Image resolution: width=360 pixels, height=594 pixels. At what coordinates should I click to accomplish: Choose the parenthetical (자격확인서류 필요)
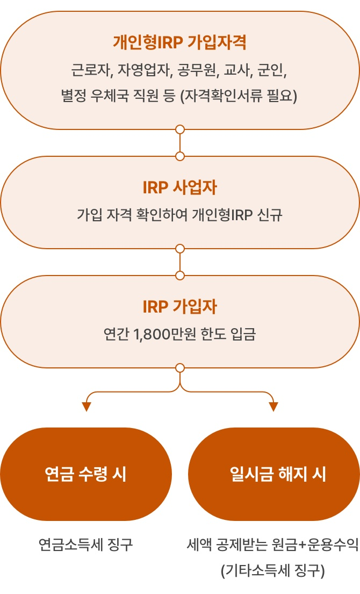pos(239,96)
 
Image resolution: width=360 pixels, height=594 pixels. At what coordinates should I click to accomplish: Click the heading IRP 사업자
pos(180,188)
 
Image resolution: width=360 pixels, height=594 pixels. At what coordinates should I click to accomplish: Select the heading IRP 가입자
pos(180,307)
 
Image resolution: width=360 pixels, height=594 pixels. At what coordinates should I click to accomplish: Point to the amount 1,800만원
pos(163,335)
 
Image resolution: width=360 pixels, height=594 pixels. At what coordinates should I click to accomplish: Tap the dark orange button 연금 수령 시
pos(86,474)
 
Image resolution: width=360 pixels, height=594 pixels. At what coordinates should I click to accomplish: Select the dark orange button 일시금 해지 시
pos(274,474)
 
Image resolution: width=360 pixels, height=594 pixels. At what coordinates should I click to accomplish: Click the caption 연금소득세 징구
pos(86,545)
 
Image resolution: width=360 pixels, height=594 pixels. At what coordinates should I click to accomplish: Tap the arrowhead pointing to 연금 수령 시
pos(86,407)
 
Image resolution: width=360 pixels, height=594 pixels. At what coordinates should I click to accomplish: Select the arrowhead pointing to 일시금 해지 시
pos(273,407)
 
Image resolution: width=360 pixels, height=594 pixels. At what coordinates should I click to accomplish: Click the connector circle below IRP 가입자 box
pos(180,368)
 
